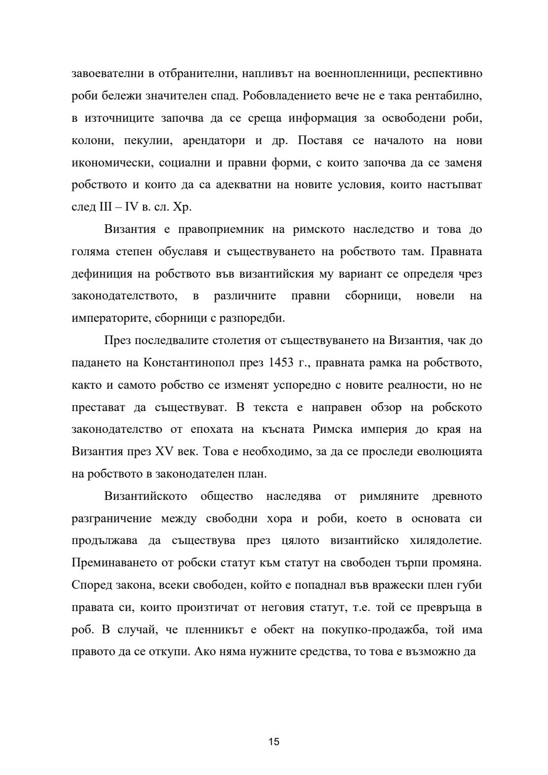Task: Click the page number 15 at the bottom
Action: (x=274, y=742)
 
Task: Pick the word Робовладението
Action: (x=287, y=96)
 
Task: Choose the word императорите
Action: (x=105, y=318)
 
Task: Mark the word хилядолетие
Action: (x=445, y=541)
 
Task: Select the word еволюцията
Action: (x=451, y=451)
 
